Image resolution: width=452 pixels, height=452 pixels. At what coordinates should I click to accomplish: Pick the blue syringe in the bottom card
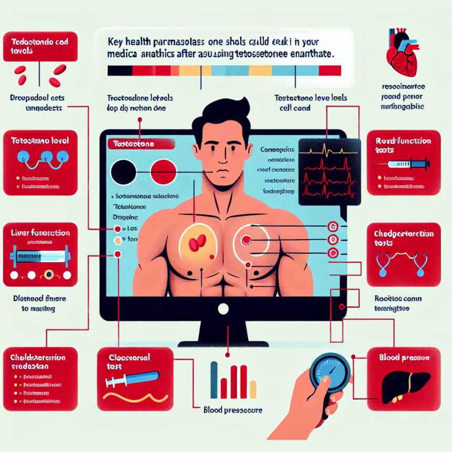point(135,379)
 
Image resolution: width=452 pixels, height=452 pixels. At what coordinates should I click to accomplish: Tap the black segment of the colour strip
point(120,71)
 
